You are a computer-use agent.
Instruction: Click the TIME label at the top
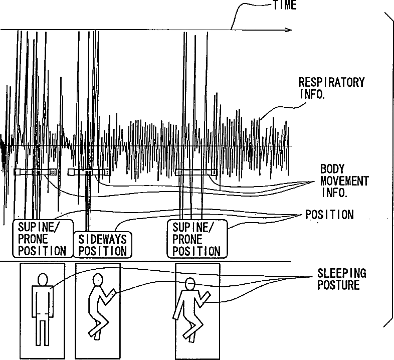[x=284, y=6]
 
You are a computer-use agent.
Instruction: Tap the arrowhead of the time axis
[x=289, y=30]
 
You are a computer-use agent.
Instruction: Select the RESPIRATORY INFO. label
[x=331, y=87]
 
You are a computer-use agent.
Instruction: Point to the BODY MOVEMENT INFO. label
[x=344, y=180]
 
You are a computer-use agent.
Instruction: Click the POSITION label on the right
[x=329, y=215]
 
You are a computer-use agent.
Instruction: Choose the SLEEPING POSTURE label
[x=341, y=279]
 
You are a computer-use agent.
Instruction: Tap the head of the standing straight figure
[x=42, y=279]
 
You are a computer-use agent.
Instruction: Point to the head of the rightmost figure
[x=190, y=283]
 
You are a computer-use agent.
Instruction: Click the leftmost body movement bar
[x=36, y=171]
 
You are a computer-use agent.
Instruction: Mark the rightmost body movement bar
[x=196, y=171]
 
